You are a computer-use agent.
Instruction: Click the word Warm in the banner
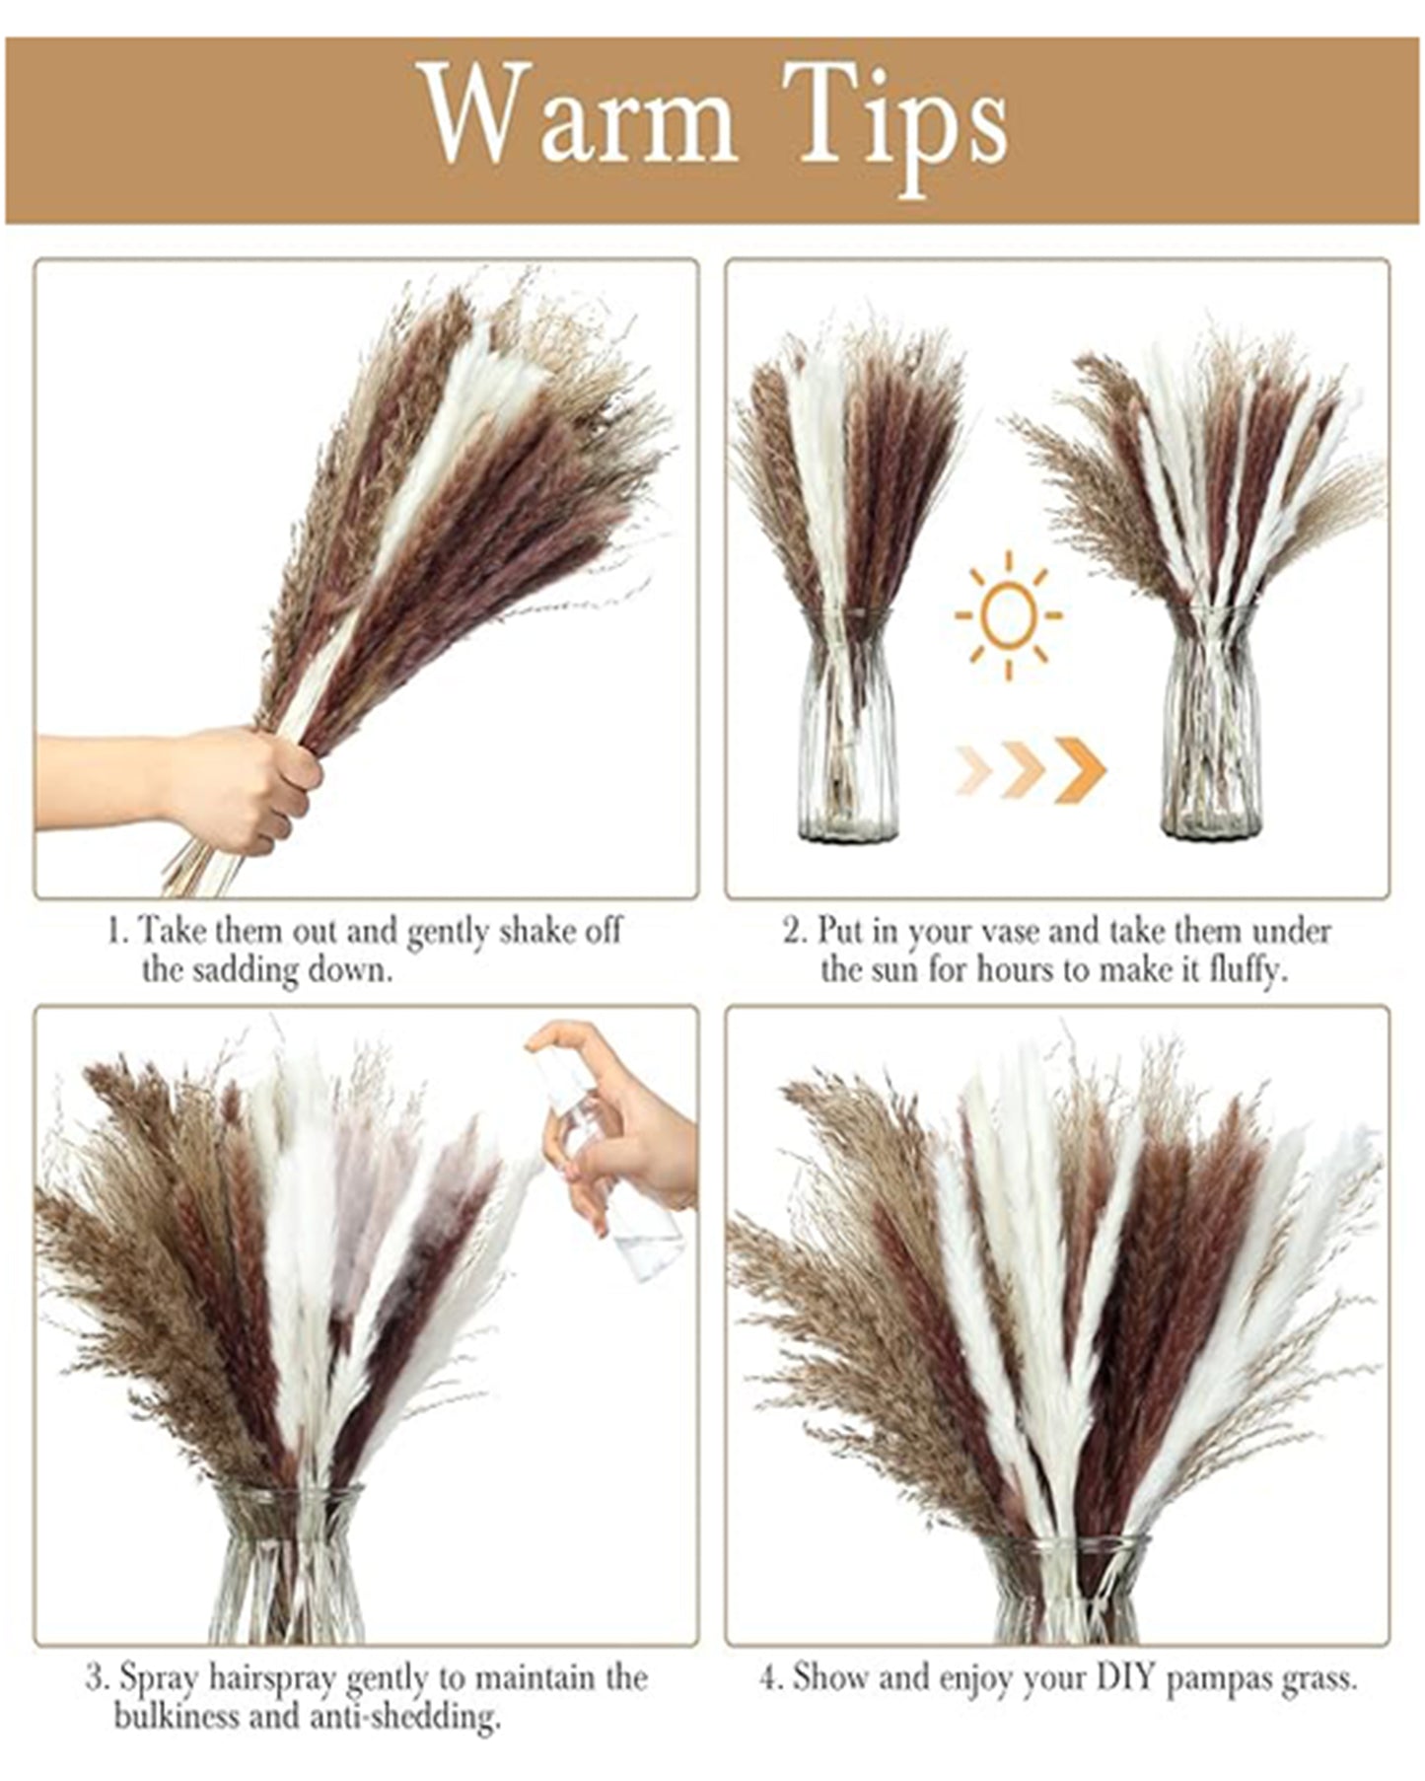[581, 116]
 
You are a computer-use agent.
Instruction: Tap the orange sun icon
[1008, 615]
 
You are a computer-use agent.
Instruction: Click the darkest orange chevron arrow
[1081, 769]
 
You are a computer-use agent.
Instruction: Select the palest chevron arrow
[974, 769]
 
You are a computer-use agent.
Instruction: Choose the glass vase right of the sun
[1210, 724]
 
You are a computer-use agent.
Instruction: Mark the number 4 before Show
[766, 1676]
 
